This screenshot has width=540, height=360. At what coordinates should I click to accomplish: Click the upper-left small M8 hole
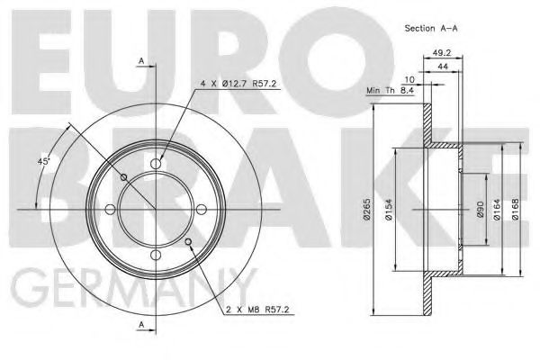[x=123, y=177]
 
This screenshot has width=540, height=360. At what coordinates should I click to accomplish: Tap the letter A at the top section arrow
[x=141, y=60]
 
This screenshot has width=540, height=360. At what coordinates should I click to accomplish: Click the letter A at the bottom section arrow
[x=141, y=324]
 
